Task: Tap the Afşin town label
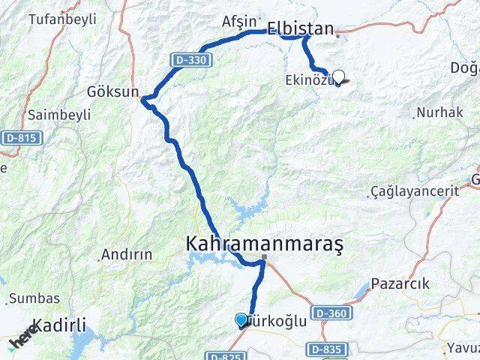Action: (x=239, y=22)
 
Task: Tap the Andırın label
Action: (x=127, y=254)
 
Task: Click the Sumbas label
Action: (x=29, y=298)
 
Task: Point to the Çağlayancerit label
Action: (x=415, y=191)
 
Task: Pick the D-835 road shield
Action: (x=324, y=349)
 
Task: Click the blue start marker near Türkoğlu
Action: (x=241, y=320)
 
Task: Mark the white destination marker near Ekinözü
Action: (x=338, y=76)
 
